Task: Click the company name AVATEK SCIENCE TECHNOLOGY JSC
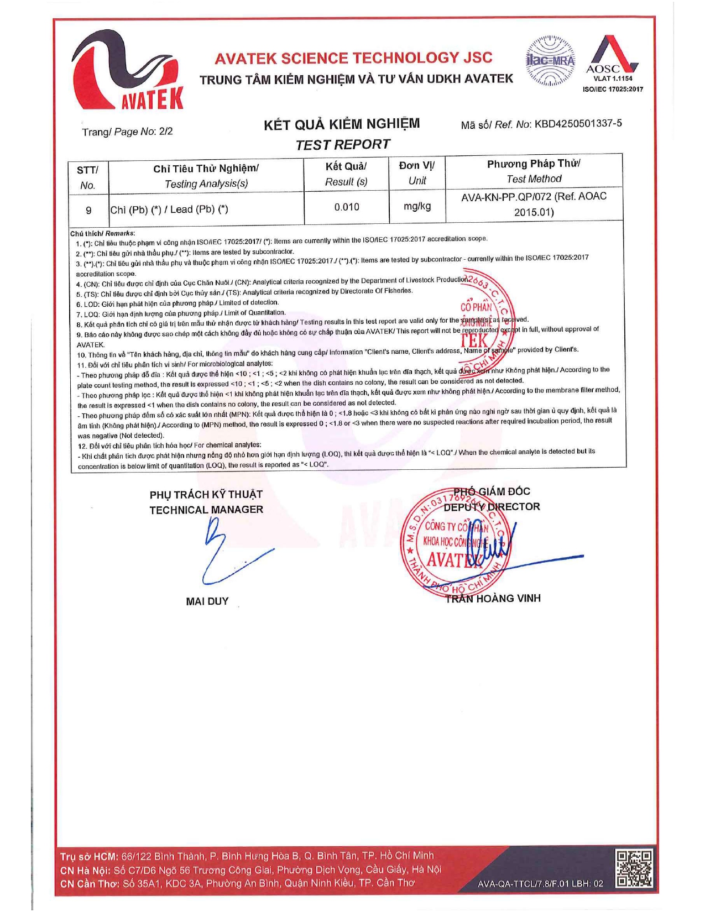[x=353, y=58]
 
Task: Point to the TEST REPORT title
[x=342, y=145]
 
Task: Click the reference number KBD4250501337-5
[x=578, y=123]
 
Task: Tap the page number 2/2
[x=166, y=132]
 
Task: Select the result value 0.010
[x=347, y=207]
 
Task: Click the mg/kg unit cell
[x=417, y=206]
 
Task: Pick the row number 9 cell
[x=88, y=210]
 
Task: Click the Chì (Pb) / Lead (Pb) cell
[x=169, y=209]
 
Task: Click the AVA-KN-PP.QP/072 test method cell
[x=534, y=204]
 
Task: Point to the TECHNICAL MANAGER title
[x=206, y=510]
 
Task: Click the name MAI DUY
[x=207, y=601]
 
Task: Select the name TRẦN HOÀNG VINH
[x=493, y=599]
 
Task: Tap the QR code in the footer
[x=634, y=868]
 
